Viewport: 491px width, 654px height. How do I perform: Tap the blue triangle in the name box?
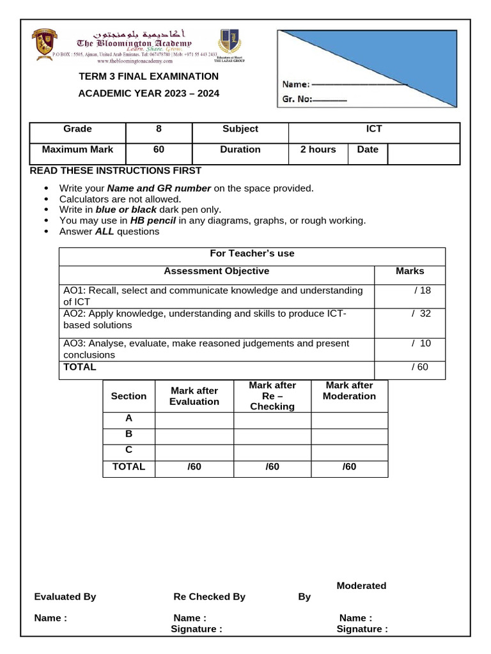click(x=409, y=57)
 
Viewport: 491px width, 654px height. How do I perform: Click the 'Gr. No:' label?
click(x=296, y=99)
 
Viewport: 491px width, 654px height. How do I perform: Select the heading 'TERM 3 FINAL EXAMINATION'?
click(x=148, y=77)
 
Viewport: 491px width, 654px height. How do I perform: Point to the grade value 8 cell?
click(x=159, y=129)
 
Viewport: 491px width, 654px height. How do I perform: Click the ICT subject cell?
click(x=374, y=129)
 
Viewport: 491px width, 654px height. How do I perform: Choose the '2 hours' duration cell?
click(x=318, y=149)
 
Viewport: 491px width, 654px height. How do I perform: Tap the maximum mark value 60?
click(x=159, y=149)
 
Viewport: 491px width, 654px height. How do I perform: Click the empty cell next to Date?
click(x=423, y=153)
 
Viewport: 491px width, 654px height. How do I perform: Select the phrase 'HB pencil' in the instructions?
click(x=153, y=220)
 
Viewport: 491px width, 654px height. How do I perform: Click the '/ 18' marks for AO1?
click(x=422, y=290)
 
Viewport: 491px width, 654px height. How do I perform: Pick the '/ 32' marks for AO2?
click(x=421, y=313)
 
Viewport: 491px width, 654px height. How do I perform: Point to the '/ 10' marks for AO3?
click(x=421, y=343)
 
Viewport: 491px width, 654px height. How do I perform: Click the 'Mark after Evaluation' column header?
click(x=194, y=396)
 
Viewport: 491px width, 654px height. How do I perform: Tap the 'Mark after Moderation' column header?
click(x=349, y=390)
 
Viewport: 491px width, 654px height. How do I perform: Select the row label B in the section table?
click(x=129, y=434)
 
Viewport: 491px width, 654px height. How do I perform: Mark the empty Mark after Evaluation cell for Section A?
click(x=194, y=420)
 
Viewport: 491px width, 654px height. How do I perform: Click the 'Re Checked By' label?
click(x=209, y=597)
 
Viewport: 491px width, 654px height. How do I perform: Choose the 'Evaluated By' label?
click(x=65, y=597)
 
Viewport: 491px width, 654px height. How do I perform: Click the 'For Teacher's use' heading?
click(x=252, y=254)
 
